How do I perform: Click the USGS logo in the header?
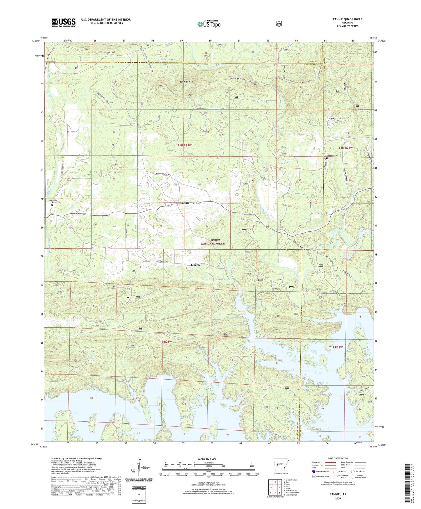[63, 22]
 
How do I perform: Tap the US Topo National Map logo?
[209, 24]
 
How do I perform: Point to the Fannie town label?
[185, 203]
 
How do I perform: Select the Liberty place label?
[195, 265]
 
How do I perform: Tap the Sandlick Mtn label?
[187, 82]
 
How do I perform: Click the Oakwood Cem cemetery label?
[333, 155]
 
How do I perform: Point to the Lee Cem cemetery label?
[111, 53]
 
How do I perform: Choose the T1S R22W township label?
[336, 347]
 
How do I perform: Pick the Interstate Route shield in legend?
[314, 471]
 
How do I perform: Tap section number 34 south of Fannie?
[207, 226]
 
